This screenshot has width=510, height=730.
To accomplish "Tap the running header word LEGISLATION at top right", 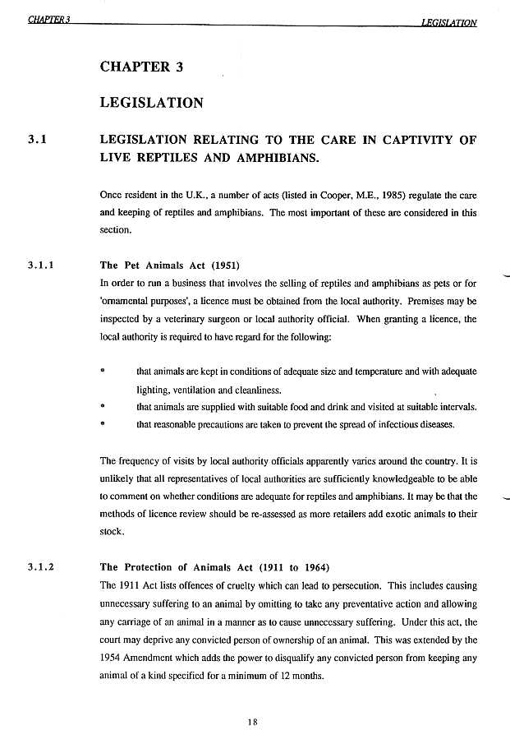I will [448, 22].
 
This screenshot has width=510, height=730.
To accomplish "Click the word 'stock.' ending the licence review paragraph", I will [112, 531].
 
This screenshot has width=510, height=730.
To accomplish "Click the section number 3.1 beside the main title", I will [35, 140].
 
